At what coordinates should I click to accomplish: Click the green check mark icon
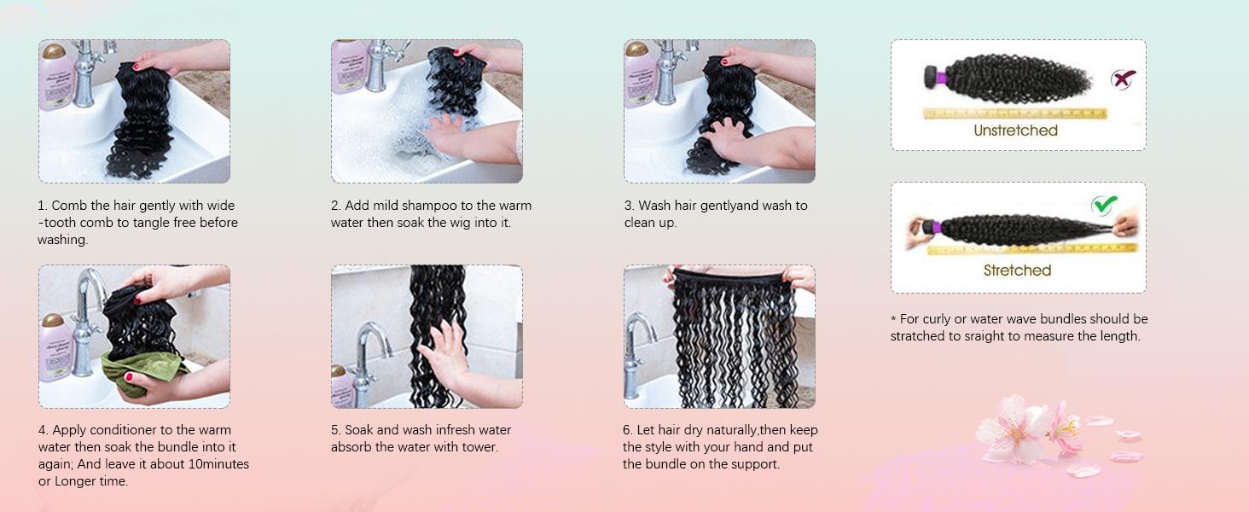point(1104,206)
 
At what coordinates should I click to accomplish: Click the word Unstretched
point(1015,131)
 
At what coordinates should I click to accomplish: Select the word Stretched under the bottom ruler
point(1017,271)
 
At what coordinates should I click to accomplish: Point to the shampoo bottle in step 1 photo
point(56,77)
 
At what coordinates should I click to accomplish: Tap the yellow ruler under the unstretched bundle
point(1014,113)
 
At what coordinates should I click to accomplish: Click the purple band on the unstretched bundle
point(940,79)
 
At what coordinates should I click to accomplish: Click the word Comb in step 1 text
point(69,206)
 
